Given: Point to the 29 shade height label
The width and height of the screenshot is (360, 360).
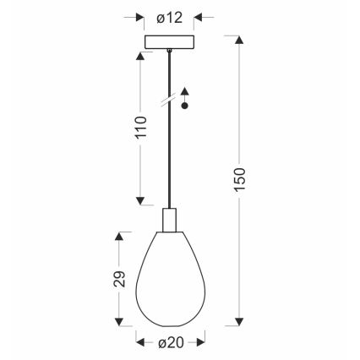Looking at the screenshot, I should (120, 279).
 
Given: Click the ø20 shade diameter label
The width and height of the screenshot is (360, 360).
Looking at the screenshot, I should (171, 343).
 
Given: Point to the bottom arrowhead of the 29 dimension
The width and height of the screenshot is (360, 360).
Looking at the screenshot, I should (120, 325).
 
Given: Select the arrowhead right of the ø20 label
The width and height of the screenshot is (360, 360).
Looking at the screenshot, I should (199, 343).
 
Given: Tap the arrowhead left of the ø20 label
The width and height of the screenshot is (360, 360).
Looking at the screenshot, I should (141, 343).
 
